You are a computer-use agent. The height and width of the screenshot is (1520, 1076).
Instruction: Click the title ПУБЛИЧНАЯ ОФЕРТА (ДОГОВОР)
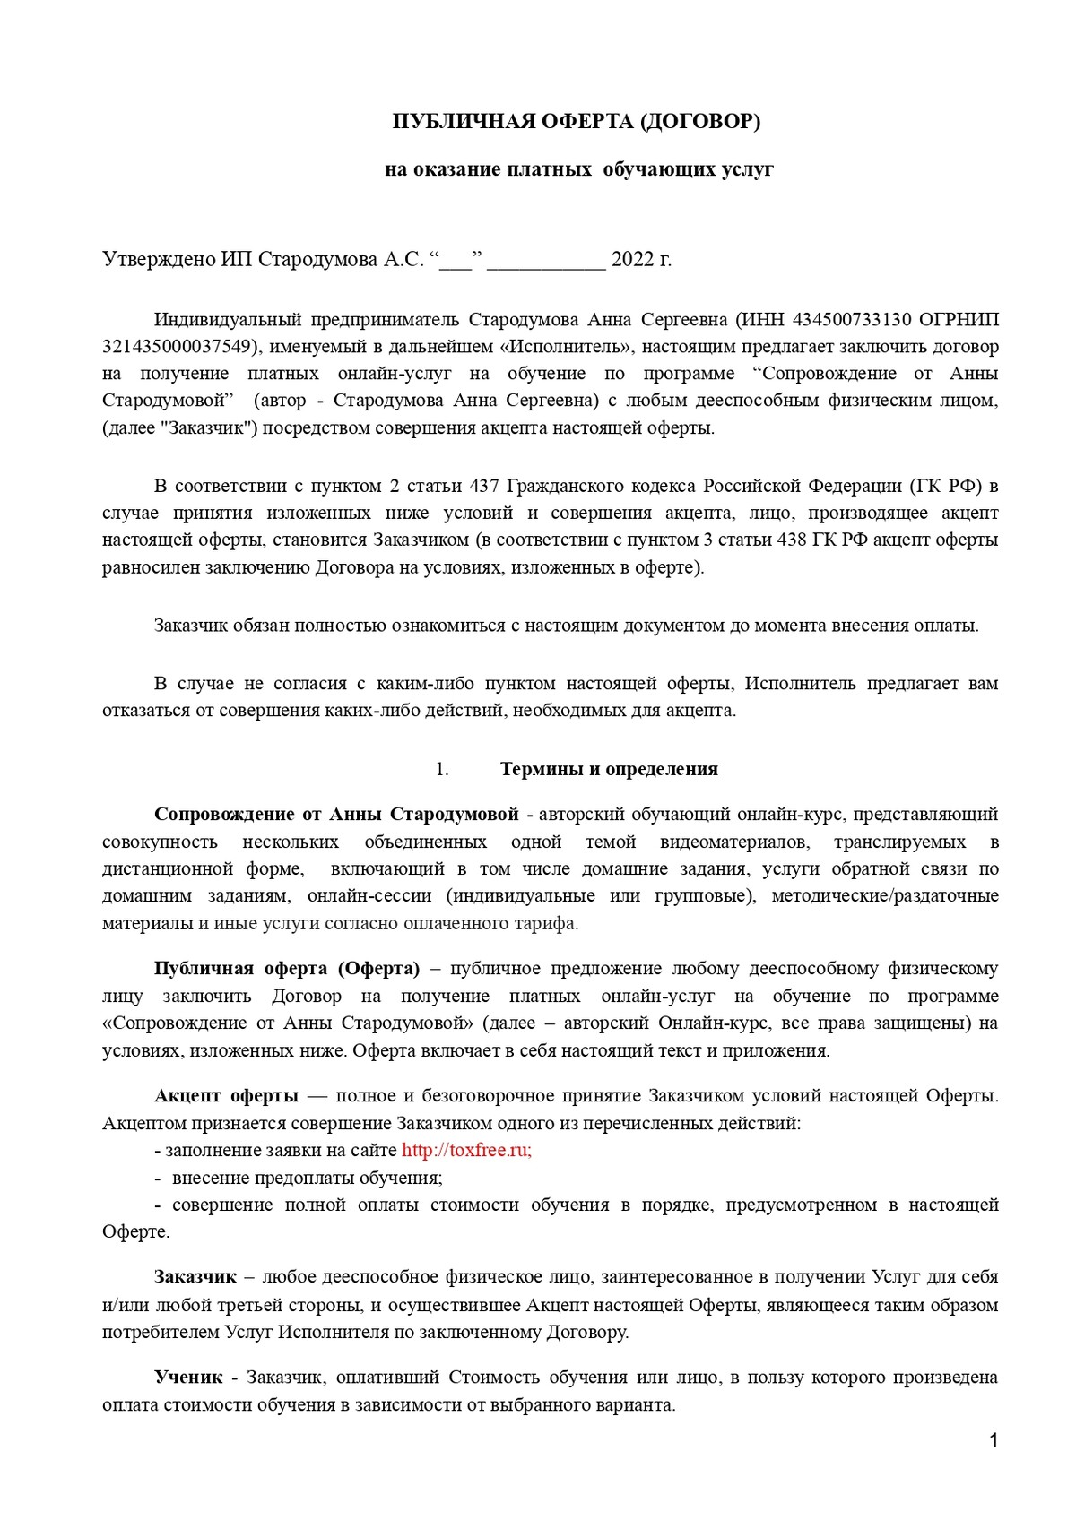tap(576, 122)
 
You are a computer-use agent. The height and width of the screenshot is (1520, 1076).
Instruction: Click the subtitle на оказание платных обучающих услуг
tap(578, 169)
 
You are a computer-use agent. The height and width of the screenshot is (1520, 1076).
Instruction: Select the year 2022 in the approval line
tap(631, 260)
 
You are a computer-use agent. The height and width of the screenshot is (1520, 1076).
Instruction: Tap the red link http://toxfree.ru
tap(466, 1151)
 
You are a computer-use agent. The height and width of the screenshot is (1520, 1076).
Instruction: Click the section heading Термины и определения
tap(609, 769)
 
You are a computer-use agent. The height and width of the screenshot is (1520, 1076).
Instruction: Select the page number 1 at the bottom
tap(993, 1441)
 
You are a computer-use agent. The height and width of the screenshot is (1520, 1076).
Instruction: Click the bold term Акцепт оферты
tap(226, 1096)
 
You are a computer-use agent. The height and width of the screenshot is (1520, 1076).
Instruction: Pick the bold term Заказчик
tap(195, 1277)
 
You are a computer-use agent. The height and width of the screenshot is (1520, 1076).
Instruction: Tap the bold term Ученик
tap(187, 1377)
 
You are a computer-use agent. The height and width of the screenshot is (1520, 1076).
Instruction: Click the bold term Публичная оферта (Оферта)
tap(287, 969)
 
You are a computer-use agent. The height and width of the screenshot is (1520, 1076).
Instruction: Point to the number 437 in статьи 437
tap(478, 487)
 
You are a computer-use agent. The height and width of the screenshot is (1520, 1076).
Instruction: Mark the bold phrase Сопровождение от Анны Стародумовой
tap(336, 815)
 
